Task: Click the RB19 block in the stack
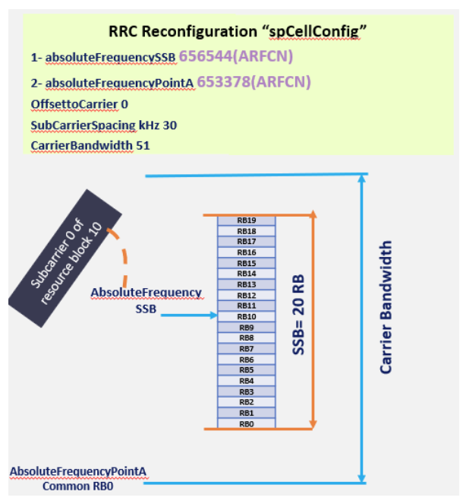click(x=246, y=220)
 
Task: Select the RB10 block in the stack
click(x=246, y=316)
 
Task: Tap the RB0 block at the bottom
click(x=246, y=423)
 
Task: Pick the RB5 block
click(x=246, y=369)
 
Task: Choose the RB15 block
click(x=246, y=263)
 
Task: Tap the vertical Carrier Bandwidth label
click(x=386, y=307)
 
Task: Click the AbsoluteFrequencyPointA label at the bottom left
click(x=77, y=471)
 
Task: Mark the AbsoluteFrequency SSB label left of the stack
click(x=146, y=300)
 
